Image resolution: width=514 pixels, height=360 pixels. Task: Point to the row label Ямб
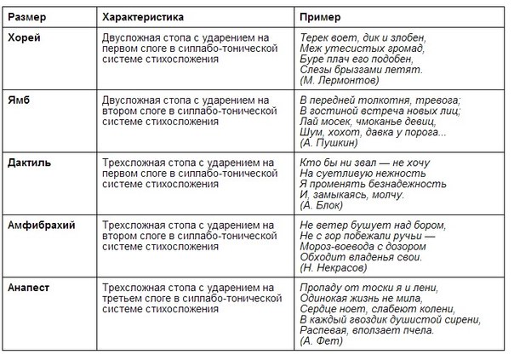20,100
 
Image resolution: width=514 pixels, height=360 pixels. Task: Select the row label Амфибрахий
40,224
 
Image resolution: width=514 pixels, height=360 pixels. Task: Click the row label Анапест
30,287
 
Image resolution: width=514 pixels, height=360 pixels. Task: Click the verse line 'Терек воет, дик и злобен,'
363,38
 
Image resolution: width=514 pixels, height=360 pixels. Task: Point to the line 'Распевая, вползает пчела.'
368,329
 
